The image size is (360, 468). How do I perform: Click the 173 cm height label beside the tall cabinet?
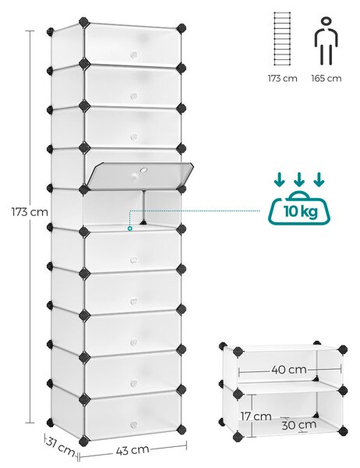coord(30,212)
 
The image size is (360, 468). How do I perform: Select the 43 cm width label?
coord(132,450)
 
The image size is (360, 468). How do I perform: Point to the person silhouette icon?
coord(326,41)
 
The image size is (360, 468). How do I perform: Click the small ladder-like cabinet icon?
coord(282,39)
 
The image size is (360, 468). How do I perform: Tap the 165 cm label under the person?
coord(326,79)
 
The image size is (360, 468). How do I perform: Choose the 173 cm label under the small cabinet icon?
coord(282,79)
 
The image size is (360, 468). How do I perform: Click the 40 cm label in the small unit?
coord(289,370)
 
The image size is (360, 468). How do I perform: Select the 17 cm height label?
coord(256,416)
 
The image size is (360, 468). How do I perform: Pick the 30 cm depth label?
coord(299,425)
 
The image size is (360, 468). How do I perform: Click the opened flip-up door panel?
coord(139,174)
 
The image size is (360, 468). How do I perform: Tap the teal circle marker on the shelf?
coord(130,229)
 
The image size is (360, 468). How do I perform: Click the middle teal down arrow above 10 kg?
coord(299,179)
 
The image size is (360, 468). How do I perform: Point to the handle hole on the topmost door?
coord(134,55)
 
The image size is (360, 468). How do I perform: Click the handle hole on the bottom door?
coord(134,424)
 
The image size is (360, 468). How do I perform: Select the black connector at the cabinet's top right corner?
coord(181,29)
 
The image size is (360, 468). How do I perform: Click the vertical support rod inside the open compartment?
coord(143,207)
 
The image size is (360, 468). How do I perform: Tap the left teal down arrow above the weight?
coord(280,179)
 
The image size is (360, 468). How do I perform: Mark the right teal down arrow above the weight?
coord(319,179)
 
